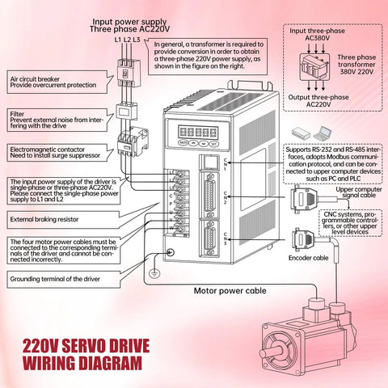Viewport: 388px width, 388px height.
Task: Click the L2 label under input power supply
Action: pos(127,40)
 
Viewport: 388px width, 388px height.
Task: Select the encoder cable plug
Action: pos(302,239)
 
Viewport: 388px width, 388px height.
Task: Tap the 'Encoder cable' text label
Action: pos(308,259)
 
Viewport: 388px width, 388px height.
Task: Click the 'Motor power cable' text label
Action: pos(230,290)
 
